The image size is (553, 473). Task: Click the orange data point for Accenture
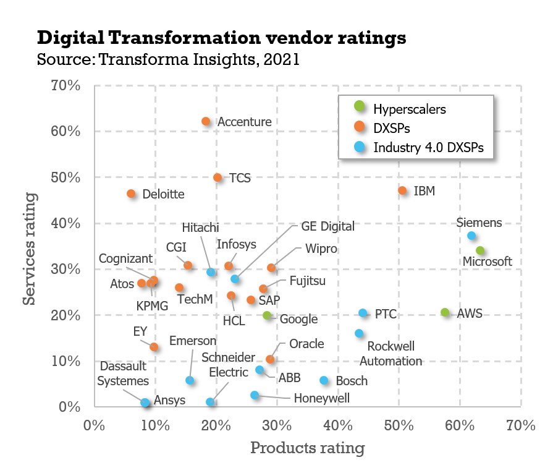point(206,122)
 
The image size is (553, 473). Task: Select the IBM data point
point(402,191)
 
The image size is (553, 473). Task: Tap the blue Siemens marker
point(471,236)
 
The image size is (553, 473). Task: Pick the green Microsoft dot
point(480,250)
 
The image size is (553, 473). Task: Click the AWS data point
point(445,313)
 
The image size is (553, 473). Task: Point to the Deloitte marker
point(131,194)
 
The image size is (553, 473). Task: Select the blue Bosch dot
point(324,380)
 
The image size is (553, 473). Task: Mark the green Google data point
point(267,315)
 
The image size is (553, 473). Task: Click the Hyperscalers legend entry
point(409,109)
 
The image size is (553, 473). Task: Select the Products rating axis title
point(307,448)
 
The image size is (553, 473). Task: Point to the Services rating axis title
point(29,247)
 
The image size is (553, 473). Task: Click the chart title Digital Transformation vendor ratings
point(221,38)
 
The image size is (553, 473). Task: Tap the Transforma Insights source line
point(168,60)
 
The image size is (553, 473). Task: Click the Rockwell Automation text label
point(390,354)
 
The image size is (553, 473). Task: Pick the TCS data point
point(217,177)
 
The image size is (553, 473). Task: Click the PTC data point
point(363,313)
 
